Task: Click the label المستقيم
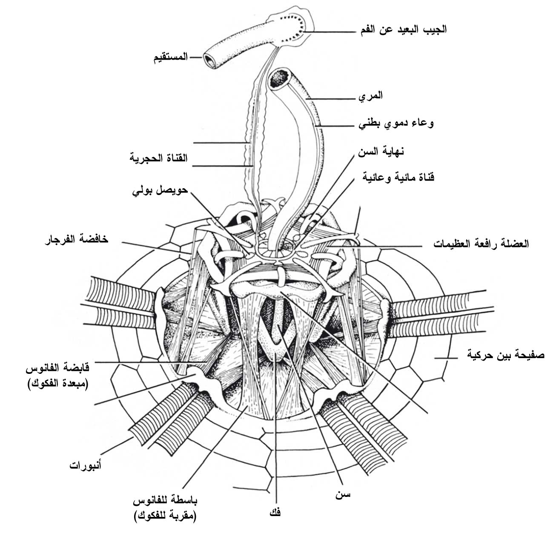[x=170, y=57]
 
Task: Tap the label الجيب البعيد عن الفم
[x=404, y=29]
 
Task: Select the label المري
[x=370, y=95]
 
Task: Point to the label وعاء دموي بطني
[x=396, y=123]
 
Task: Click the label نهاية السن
[x=381, y=151]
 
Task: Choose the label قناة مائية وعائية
[x=398, y=177]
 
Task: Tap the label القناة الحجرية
[x=158, y=158]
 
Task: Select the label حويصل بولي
[x=160, y=190]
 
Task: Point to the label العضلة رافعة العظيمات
[x=481, y=244]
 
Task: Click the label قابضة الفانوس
[x=57, y=367]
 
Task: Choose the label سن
[x=343, y=494]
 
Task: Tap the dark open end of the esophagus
[x=280, y=79]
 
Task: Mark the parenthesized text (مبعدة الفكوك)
[x=58, y=384]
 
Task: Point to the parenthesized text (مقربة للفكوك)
[x=165, y=517]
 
